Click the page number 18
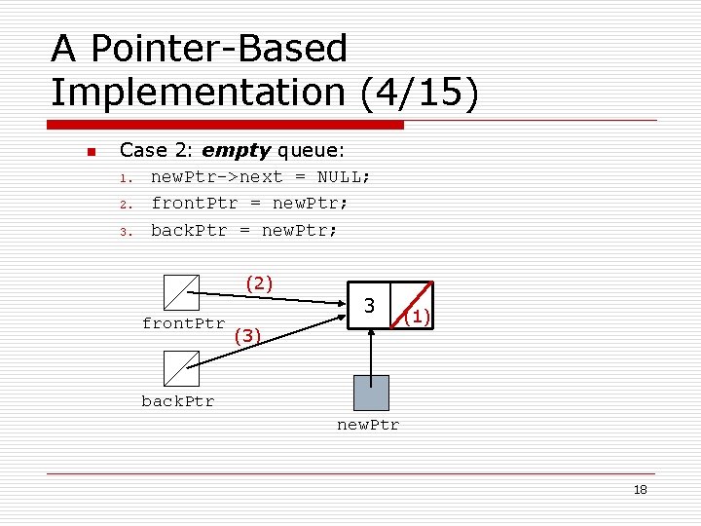click(x=640, y=490)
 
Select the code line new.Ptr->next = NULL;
click(x=260, y=177)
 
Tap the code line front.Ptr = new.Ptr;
click(x=249, y=204)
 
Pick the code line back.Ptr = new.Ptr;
click(x=243, y=231)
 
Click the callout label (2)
click(x=259, y=283)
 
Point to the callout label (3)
click(x=249, y=336)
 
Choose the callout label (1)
click(x=417, y=317)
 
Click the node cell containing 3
click(x=370, y=306)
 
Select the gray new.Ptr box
click(x=371, y=393)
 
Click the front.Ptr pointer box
click(x=182, y=291)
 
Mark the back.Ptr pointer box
click(x=182, y=368)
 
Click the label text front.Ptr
click(x=183, y=323)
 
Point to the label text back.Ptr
click(x=178, y=400)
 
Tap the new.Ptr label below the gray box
click(x=368, y=425)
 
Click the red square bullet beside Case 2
click(x=90, y=152)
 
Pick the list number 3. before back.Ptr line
click(x=125, y=232)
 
